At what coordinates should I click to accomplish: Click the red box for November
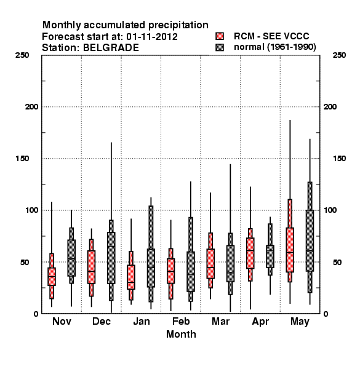52,277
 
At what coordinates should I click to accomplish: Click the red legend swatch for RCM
220,36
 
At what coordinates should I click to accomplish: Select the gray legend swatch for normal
220,47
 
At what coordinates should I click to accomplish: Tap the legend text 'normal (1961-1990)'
275,47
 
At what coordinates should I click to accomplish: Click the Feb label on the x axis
181,321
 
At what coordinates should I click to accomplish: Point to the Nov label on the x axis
62,321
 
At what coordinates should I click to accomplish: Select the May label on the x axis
300,322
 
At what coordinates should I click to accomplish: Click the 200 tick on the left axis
31,107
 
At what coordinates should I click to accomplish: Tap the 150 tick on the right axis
339,159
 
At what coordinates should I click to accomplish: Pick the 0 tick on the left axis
36,314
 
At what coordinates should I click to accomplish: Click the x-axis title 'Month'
181,334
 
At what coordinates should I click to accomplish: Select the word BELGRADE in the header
111,48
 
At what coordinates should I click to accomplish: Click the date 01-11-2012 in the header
152,37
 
